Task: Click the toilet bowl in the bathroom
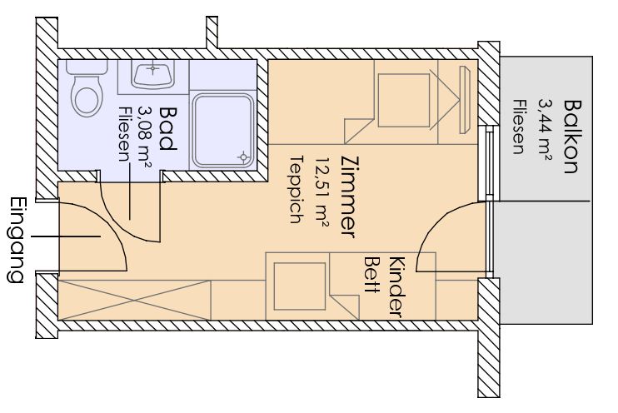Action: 87,96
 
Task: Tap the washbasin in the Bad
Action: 152,75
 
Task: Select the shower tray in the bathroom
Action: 222,131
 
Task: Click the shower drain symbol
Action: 243,157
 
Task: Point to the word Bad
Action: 167,129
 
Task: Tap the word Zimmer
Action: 350,197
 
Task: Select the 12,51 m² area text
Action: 322,192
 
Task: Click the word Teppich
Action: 297,190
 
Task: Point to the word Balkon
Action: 572,137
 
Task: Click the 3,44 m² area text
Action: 545,130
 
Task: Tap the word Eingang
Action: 17,240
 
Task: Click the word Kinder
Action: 397,287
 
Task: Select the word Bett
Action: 371,276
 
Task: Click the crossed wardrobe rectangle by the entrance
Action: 134,301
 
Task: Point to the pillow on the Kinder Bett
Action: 300,286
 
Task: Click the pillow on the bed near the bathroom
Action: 404,100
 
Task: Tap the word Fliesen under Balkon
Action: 519,127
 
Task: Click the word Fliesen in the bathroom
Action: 124,134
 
